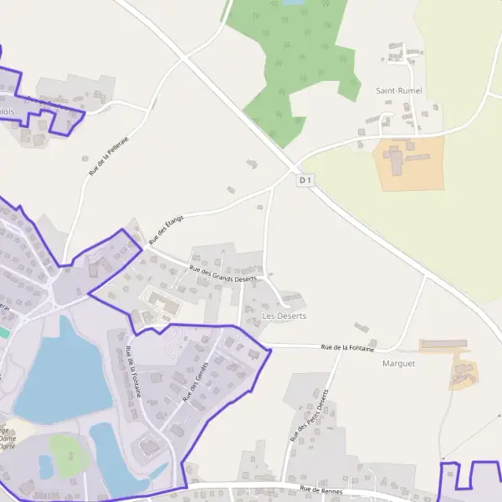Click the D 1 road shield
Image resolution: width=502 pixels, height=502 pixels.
click(x=305, y=180)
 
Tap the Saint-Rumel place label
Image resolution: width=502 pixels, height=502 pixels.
click(x=398, y=90)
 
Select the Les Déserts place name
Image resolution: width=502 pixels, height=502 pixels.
click(x=284, y=316)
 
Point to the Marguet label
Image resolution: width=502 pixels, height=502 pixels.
click(x=398, y=364)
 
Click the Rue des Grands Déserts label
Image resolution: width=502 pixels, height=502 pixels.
click(x=223, y=274)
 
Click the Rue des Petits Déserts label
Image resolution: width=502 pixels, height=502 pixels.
click(x=310, y=416)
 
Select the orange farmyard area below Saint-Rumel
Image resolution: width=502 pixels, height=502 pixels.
click(x=407, y=162)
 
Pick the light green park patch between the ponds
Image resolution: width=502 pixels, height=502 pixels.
click(x=67, y=452)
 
